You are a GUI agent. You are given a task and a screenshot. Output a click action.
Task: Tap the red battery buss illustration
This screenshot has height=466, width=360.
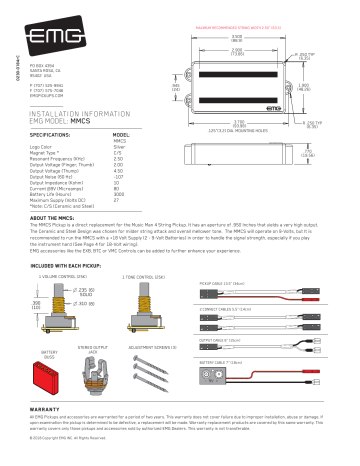click(x=50, y=361)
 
